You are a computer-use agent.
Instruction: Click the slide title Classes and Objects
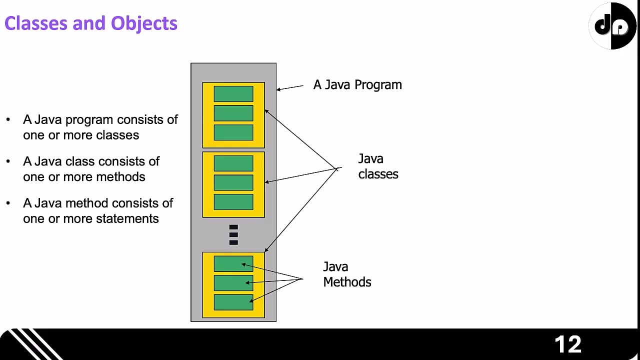coord(90,23)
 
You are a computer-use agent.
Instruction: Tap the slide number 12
coord(568,344)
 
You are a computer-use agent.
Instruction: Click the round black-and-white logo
coord(613,26)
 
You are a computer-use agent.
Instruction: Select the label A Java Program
coord(357,85)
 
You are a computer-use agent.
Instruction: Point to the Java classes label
coord(378,166)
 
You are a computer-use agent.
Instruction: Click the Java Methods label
coord(347,274)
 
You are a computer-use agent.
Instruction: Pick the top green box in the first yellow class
coord(233,94)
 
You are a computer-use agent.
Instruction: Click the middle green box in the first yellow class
coord(233,113)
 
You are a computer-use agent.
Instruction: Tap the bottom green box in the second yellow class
coord(233,202)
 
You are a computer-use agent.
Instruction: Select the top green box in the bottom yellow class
coord(233,264)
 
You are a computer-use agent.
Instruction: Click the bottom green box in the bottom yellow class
coord(233,302)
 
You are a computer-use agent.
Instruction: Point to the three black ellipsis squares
coord(233,235)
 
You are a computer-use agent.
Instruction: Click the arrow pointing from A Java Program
coord(290,88)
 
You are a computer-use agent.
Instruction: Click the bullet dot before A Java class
coord(8,161)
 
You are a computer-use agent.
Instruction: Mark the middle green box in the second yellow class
coord(233,182)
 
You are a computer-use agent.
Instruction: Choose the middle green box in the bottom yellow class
coord(233,283)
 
